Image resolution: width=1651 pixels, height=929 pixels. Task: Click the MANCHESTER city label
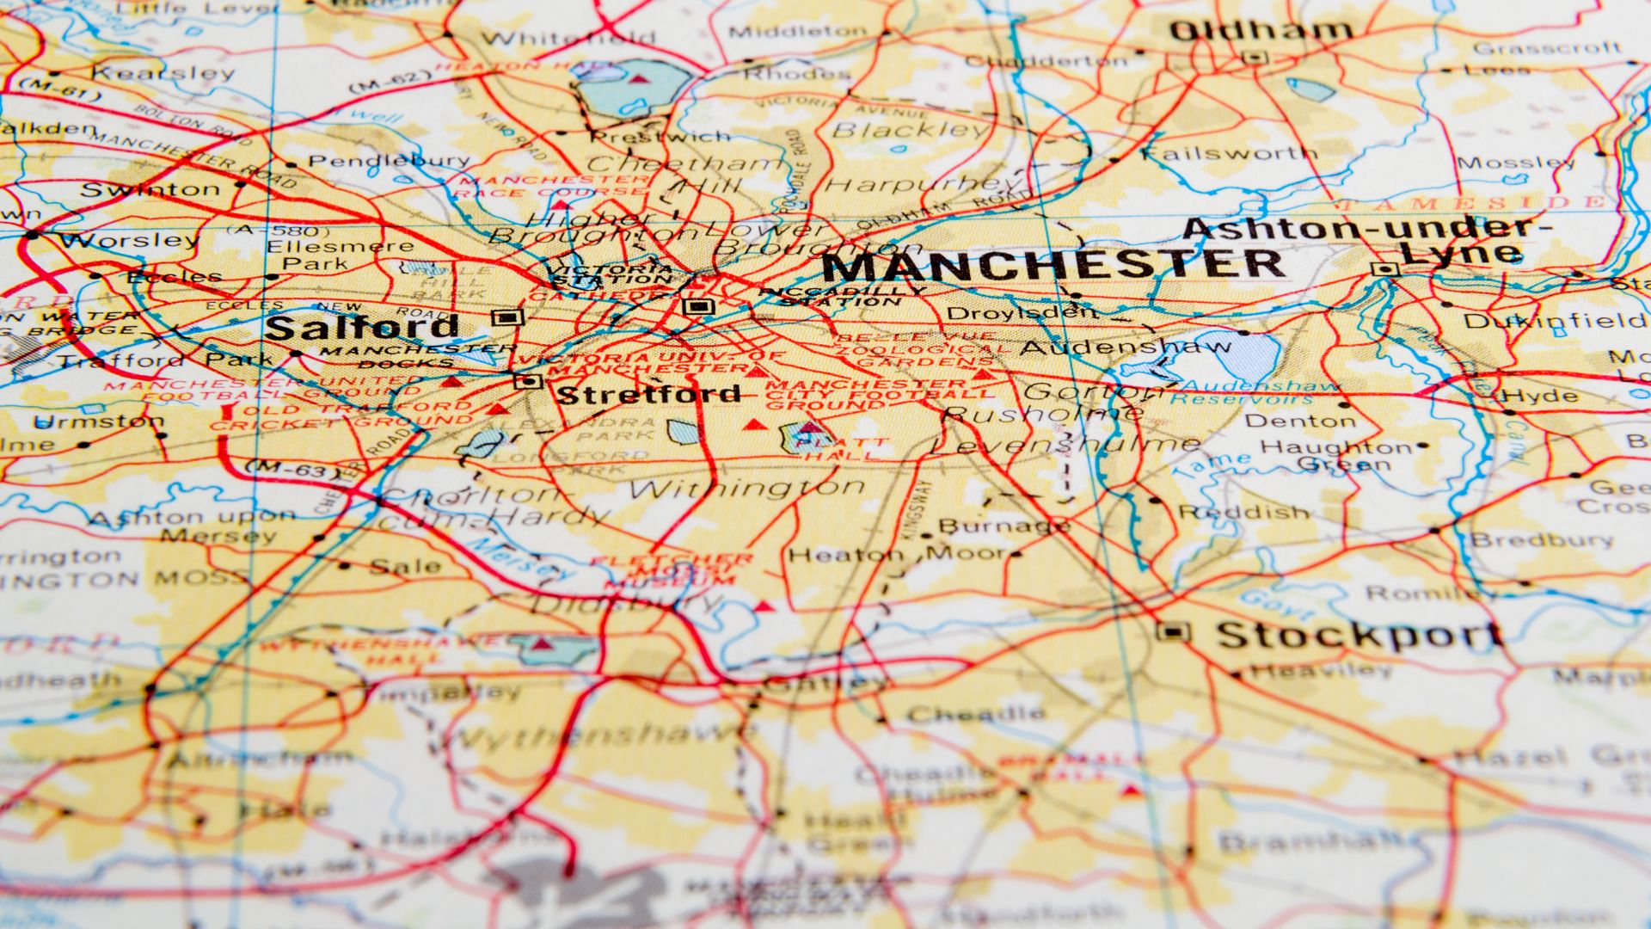[x=1053, y=266]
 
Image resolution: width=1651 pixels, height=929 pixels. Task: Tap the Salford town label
[x=362, y=328]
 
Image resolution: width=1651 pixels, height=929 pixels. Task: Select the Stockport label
[x=1359, y=636]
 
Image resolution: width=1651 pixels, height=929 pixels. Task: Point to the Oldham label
[x=1261, y=31]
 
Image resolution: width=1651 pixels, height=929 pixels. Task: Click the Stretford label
[x=649, y=395]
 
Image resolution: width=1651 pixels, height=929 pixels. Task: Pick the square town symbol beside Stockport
[x=1173, y=633]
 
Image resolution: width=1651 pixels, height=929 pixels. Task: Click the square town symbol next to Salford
[x=506, y=317]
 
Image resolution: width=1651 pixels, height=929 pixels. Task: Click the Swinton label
[x=150, y=189]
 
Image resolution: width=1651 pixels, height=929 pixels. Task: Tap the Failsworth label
[x=1229, y=154]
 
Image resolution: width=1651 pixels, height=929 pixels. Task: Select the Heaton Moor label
[x=894, y=554]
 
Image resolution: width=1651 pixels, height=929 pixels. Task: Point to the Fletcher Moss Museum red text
[x=675, y=570]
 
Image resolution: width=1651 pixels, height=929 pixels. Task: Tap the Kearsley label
[x=163, y=73]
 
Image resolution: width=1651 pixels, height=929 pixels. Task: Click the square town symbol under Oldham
[x=1255, y=58]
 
